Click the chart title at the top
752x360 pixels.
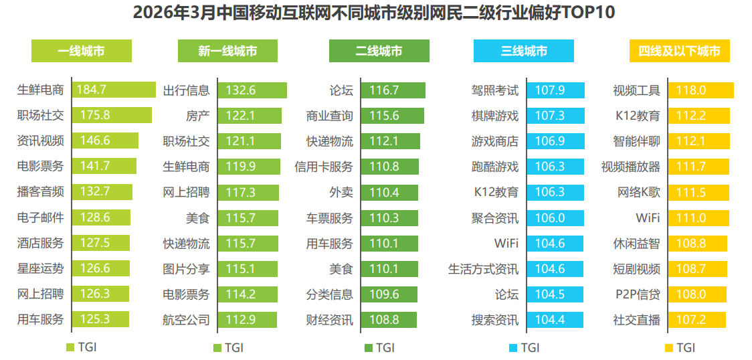coord(374,13)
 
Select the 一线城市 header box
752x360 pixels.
coord(82,51)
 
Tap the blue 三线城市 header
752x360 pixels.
coord(524,51)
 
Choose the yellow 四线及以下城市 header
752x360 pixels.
coord(680,51)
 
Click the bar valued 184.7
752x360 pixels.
coord(114,90)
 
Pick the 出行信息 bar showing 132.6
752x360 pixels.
coord(252,90)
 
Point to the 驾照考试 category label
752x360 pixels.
coord(495,90)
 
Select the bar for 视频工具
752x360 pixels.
coord(700,90)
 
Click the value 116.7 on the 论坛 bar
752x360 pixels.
coord(384,90)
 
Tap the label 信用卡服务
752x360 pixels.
coord(324,167)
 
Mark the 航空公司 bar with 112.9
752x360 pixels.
coord(248,320)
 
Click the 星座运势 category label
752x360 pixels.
coord(40,268)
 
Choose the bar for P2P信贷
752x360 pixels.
coord(697,294)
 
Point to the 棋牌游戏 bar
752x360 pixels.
coord(555,116)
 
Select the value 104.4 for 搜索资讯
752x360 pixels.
coord(549,320)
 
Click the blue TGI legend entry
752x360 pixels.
coord(524,347)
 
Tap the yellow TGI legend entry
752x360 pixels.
coord(680,347)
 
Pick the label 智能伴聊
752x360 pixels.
coord(636,141)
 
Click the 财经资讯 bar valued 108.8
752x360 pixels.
coord(389,320)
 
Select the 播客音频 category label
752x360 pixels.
coord(40,192)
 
